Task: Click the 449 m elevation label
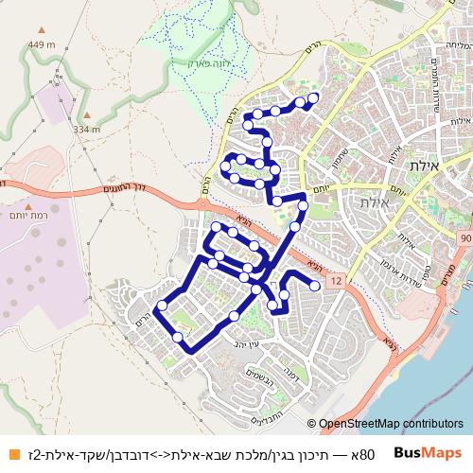point(42,44)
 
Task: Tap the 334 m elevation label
point(86,130)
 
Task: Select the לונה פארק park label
point(197,58)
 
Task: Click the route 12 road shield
point(335,282)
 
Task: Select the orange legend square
point(10,453)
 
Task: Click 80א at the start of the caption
point(365,454)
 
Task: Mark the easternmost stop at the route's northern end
point(313,97)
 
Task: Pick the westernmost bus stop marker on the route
point(162,306)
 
